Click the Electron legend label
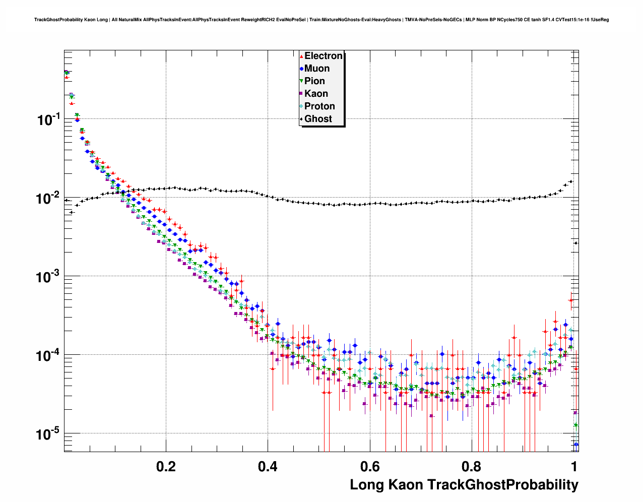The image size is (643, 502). point(324,56)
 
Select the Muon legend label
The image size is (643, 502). point(317,69)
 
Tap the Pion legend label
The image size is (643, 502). point(314,81)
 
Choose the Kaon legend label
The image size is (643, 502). point(316,94)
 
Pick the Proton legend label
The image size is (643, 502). point(319,106)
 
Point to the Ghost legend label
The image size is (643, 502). point(318,119)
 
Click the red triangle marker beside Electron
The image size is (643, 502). point(301,56)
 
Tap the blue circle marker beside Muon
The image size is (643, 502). point(301,69)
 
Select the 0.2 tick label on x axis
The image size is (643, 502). point(166,466)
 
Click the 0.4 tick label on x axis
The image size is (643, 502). point(268,466)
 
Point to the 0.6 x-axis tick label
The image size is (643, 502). point(370,466)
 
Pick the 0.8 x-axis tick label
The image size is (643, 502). point(472,466)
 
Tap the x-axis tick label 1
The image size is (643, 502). point(574,466)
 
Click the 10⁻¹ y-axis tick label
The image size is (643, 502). point(48,119)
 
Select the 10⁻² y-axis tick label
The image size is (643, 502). point(48,198)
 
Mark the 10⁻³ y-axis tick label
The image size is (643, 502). point(48,277)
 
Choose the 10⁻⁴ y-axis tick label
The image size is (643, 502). point(48,355)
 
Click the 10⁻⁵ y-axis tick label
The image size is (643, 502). point(48,434)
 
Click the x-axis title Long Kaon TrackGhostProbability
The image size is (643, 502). point(464,485)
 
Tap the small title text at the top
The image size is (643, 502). point(321,20)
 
